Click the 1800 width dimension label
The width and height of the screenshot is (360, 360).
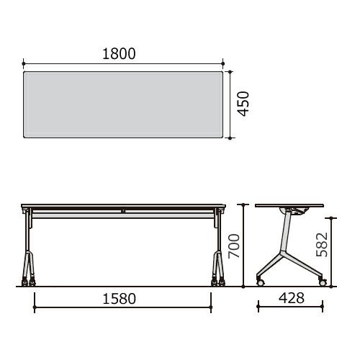coord(119,54)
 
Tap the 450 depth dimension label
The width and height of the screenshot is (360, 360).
coord(243,104)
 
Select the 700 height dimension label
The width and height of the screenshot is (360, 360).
coord(234,246)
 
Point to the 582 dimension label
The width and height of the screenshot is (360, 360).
coord(322,245)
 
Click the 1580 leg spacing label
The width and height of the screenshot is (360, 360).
coord(120,299)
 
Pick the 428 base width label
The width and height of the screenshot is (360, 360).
coord(292,298)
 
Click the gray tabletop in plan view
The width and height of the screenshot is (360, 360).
coord(123,104)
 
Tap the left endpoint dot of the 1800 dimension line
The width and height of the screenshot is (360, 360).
coord(23,63)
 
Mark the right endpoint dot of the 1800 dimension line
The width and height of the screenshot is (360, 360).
coord(223,63)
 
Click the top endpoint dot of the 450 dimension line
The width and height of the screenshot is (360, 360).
coord(230,71)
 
